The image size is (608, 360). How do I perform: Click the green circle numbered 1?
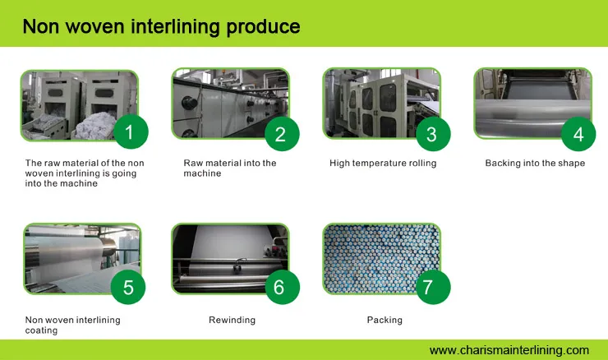pyautogui.click(x=129, y=132)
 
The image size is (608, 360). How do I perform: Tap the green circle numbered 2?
pyautogui.click(x=280, y=134)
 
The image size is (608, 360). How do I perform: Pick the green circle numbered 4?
pyautogui.click(x=578, y=134)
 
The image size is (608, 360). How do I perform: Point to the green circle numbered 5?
pyautogui.click(x=128, y=288)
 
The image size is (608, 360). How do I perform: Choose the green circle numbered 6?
pyautogui.click(x=279, y=287)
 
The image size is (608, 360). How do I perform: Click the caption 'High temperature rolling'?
pyautogui.click(x=383, y=164)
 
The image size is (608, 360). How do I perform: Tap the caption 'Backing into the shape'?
pyautogui.click(x=535, y=164)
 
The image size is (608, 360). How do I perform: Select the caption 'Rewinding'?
pyautogui.click(x=232, y=320)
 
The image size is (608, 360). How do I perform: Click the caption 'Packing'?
pyautogui.click(x=385, y=320)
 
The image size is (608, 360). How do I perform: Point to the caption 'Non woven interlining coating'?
pyautogui.click(x=72, y=325)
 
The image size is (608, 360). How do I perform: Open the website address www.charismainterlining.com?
pyautogui.click(x=509, y=350)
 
